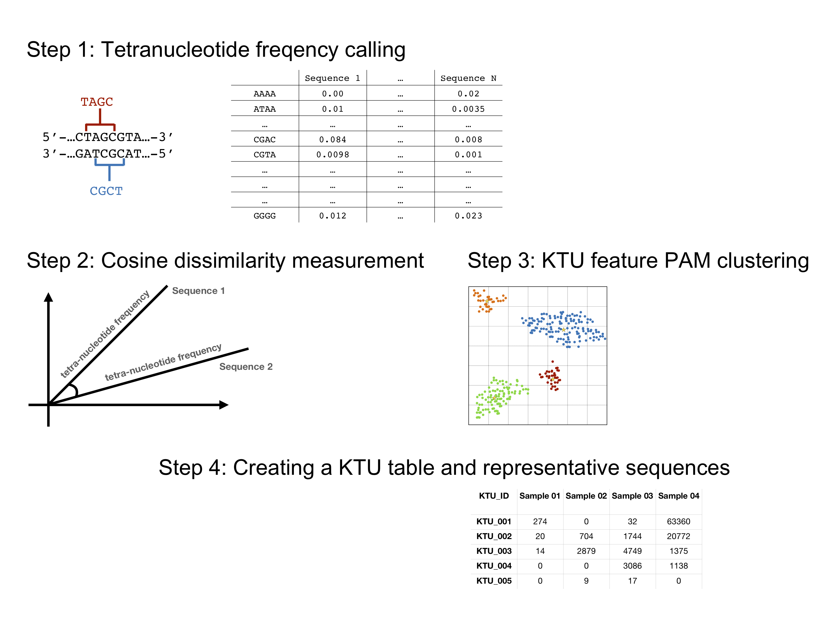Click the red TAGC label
coord(97,102)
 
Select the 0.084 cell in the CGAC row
coord(333,139)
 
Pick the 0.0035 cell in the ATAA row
coord(468,109)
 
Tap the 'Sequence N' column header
coord(468,78)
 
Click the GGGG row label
coord(265,216)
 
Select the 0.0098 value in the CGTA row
coord(333,154)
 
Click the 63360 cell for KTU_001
coord(679,521)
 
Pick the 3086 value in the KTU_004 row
coord(632,566)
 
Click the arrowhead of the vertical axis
coord(49,297)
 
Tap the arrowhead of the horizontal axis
coord(224,405)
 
